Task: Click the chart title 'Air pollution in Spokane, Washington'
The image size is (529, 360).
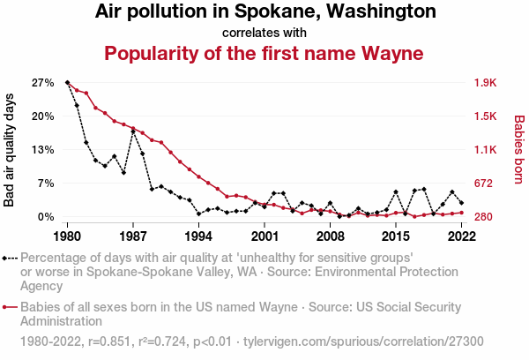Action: coord(264,12)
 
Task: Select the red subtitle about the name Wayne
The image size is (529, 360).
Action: coord(264,53)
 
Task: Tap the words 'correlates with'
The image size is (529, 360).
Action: coord(264,33)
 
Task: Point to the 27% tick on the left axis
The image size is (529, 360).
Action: coord(42,83)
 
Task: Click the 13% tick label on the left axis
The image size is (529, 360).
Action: coord(42,150)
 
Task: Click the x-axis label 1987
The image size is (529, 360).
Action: coord(133,236)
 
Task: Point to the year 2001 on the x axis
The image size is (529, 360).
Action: coord(264,236)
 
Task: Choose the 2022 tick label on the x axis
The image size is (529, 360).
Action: coord(461,236)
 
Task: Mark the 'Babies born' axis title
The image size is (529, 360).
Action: coord(519,150)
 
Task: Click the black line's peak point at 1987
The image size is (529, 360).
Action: coord(133,131)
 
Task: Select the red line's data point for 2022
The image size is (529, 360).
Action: coord(461,213)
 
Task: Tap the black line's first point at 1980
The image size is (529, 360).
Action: coord(68,82)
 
